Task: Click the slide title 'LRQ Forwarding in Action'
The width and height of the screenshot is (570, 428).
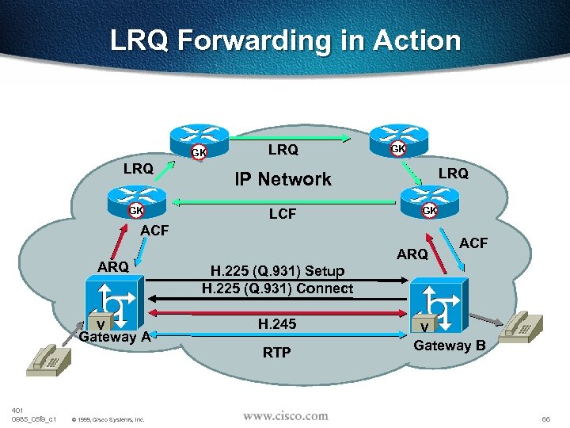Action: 285,40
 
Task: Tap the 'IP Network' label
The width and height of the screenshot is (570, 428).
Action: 283,179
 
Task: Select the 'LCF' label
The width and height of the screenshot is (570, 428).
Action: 283,213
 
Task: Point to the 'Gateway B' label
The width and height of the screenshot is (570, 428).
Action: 450,346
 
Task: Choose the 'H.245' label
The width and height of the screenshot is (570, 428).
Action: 277,323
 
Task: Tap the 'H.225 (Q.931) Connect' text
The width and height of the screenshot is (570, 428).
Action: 277,289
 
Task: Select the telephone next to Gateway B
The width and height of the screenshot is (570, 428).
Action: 522,324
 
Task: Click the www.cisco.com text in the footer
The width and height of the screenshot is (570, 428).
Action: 285,415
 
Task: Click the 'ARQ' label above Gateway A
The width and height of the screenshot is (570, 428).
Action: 113,266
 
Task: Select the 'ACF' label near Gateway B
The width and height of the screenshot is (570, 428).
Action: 473,243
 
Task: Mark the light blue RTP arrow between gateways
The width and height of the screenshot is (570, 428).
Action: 277,337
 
